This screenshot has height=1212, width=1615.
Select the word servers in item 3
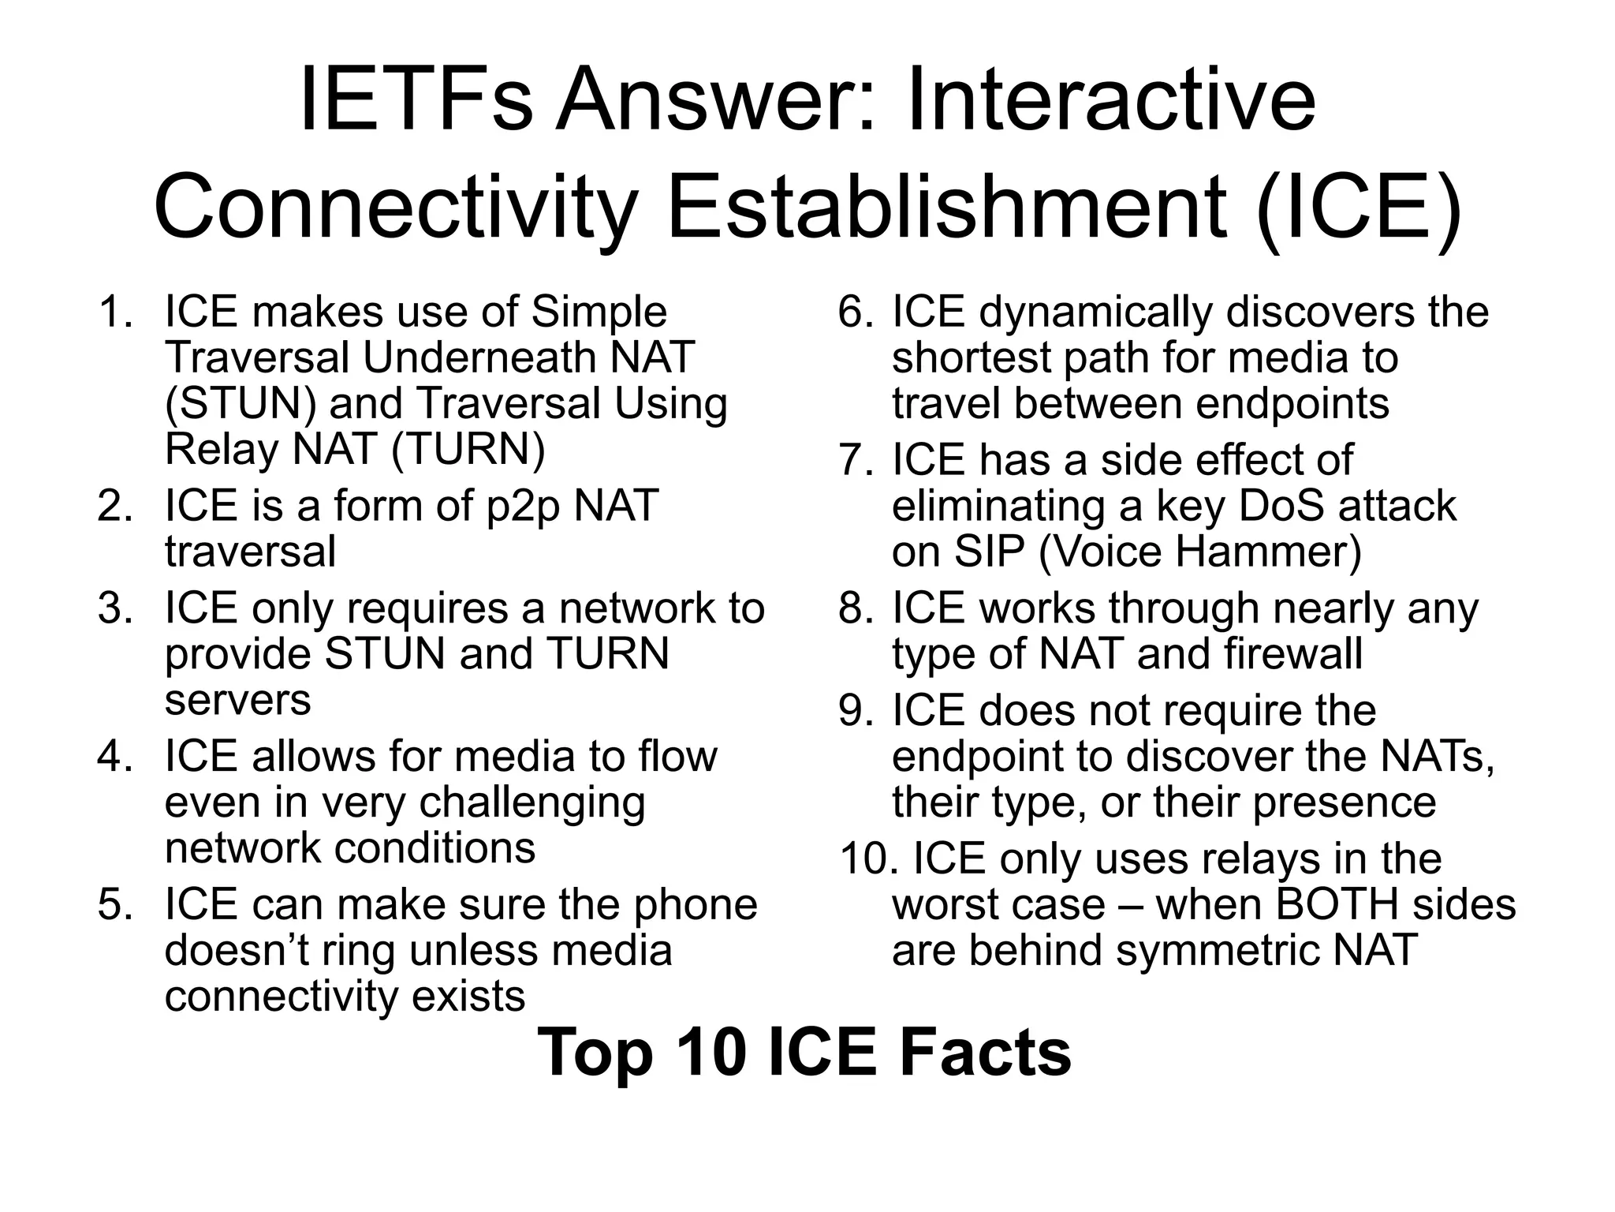237,700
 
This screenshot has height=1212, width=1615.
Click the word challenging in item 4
531,802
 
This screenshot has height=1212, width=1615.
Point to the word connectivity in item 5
282,997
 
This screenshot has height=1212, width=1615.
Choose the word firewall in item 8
1293,654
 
